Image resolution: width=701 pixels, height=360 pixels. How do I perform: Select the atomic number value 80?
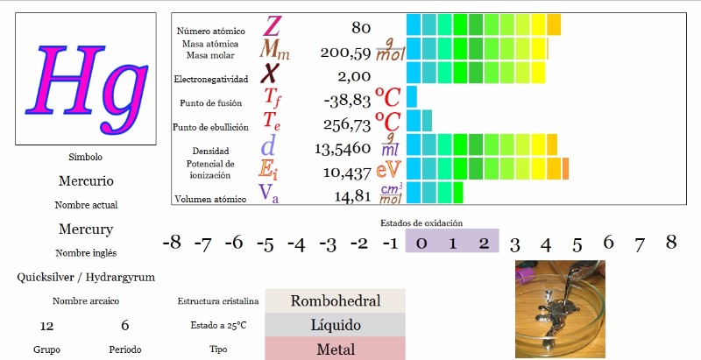361,28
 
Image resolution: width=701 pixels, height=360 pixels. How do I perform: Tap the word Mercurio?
86,181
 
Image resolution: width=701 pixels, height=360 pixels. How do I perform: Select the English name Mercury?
86,229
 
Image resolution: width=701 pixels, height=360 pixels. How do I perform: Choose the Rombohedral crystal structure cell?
335,300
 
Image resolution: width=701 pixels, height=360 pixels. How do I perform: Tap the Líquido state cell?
335,325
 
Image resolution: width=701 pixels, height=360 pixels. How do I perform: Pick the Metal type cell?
335,349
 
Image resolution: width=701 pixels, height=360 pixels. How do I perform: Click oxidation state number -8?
172,243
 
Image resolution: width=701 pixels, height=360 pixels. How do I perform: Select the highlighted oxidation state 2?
483,243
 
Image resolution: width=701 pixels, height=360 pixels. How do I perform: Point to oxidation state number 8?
670,243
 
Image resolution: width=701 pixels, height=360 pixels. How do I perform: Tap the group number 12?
47,326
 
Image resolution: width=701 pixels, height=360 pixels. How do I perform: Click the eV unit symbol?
389,170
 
